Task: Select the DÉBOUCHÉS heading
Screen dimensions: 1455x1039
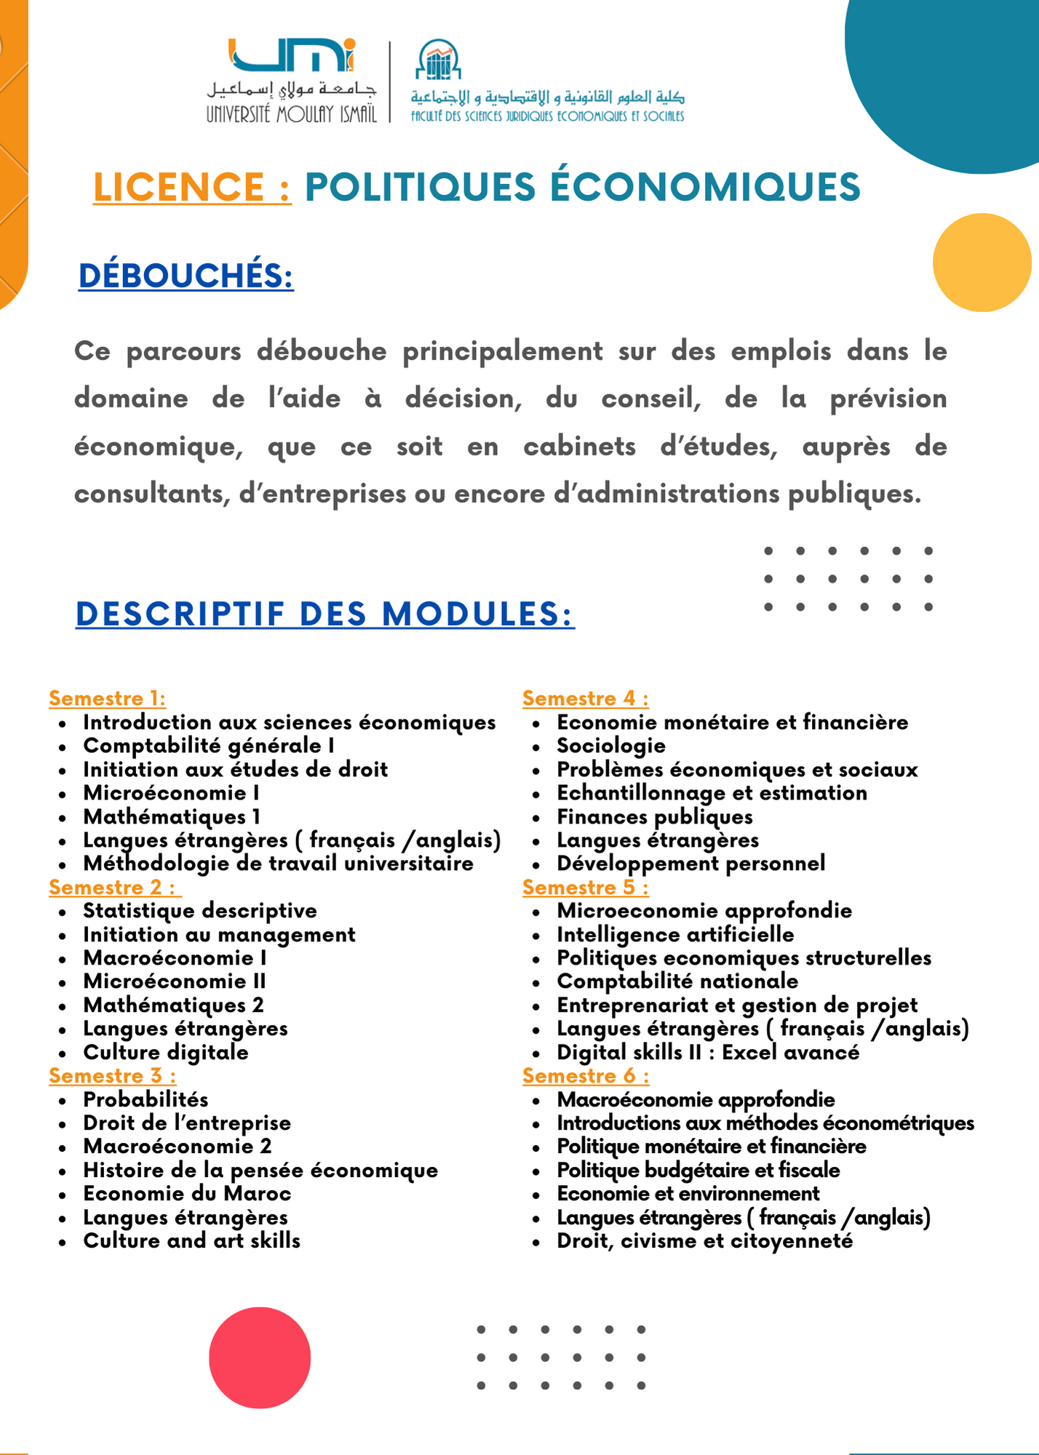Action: pyautogui.click(x=186, y=276)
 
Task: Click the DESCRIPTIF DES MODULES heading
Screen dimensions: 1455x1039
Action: pyautogui.click(x=325, y=614)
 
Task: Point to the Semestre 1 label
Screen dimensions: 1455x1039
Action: pyautogui.click(x=107, y=698)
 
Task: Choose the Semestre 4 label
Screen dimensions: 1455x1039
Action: pyautogui.click(x=585, y=698)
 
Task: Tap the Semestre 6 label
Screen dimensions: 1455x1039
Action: pyautogui.click(x=585, y=1075)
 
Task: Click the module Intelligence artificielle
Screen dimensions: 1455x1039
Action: pyautogui.click(x=674, y=934)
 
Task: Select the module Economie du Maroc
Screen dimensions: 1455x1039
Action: pyautogui.click(x=187, y=1193)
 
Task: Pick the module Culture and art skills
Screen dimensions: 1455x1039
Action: pyautogui.click(x=191, y=1240)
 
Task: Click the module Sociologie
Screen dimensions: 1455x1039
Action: pyautogui.click(x=610, y=746)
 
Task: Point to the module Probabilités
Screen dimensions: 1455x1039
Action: pyautogui.click(x=146, y=1099)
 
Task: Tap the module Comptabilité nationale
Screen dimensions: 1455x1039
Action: pyautogui.click(x=677, y=981)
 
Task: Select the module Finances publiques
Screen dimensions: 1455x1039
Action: pyautogui.click(x=654, y=816)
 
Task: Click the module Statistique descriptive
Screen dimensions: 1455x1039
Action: pyautogui.click(x=200, y=911)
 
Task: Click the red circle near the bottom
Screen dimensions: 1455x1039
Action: pyautogui.click(x=260, y=1358)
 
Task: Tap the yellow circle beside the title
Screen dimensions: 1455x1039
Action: pyautogui.click(x=982, y=263)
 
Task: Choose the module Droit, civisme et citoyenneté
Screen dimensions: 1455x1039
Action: pyautogui.click(x=704, y=1240)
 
